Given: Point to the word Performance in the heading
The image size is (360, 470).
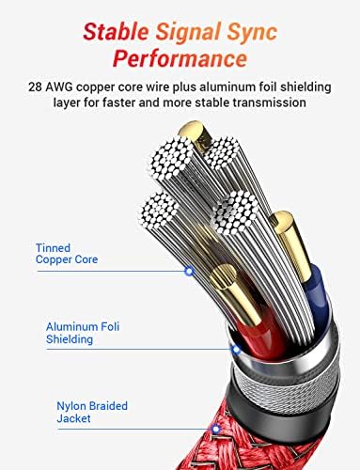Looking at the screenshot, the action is point(179,60).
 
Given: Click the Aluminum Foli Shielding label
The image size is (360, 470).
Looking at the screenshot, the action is point(83,333).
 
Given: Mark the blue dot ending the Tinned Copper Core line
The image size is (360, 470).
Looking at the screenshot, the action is point(188,271).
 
